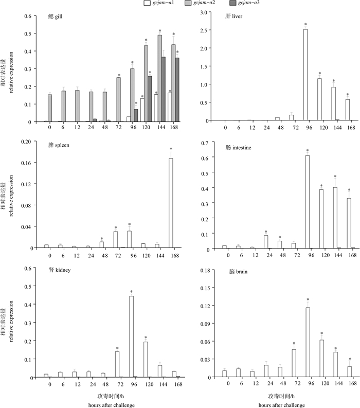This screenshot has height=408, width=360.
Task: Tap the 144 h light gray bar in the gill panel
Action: click(x=159, y=78)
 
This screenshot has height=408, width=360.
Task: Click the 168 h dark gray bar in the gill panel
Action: click(x=178, y=90)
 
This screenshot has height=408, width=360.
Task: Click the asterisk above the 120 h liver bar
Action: click(x=319, y=74)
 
